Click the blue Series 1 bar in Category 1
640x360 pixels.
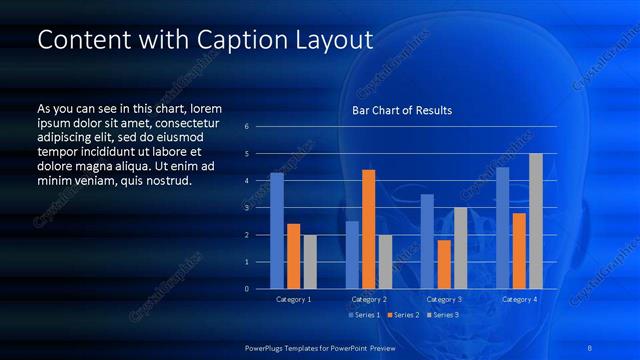276,231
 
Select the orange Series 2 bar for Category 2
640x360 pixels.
368,229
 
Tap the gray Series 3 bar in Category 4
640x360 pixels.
535,221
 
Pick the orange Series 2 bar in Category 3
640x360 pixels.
444,264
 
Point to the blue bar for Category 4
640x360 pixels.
502,228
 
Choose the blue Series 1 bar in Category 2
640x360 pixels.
352,255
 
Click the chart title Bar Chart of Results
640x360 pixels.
402,110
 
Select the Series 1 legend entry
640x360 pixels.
363,315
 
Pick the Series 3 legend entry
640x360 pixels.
443,315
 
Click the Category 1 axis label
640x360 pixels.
293,299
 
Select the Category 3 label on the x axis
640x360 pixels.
443,299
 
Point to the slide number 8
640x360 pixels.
590,346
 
